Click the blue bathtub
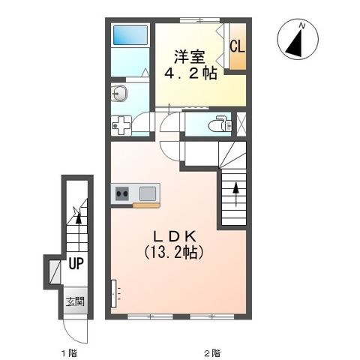pyautogui.click(x=130, y=34)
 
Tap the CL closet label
pyautogui.click(x=237, y=46)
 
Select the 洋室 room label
pyautogui.click(x=190, y=57)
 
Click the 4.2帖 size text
pyautogui.click(x=190, y=73)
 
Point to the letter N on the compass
pyautogui.click(x=302, y=25)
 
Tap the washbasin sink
pyautogui.click(x=119, y=94)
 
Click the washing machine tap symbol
pyautogui.click(x=121, y=125)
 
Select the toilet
pyautogui.click(x=222, y=124)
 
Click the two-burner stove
pyautogui.click(x=122, y=193)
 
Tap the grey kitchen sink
pyautogui.click(x=148, y=193)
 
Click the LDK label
pyautogui.click(x=174, y=236)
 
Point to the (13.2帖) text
pyautogui.click(x=173, y=252)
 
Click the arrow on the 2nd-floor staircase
pyautogui.click(x=235, y=195)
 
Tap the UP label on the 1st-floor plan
pyautogui.click(x=76, y=263)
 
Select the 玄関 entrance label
pyautogui.click(x=75, y=301)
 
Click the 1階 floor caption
pyautogui.click(x=69, y=353)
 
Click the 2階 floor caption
pyautogui.click(x=212, y=353)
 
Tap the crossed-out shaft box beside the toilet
pyautogui.click(x=241, y=124)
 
